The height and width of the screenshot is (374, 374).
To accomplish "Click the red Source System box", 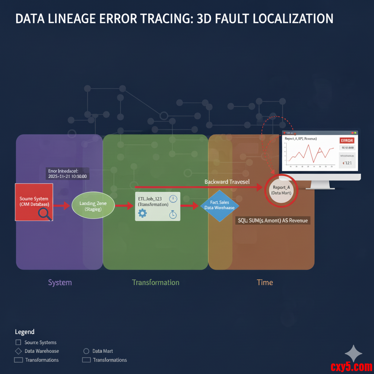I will [34, 202].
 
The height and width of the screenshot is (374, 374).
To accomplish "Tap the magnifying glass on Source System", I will [45, 214].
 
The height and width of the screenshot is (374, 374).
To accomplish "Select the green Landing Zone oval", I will [93, 206].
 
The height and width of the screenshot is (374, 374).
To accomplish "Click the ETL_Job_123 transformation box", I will [157, 206].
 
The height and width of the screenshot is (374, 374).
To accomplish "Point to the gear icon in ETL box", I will [142, 213].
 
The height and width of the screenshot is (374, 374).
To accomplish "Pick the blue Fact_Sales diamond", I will [220, 206].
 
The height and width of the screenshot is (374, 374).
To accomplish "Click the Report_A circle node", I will [282, 190].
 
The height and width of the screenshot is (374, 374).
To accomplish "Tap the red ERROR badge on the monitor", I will [347, 140].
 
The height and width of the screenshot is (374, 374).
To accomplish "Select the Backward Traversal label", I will [227, 182].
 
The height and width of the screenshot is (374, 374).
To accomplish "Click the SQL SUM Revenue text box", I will [272, 221].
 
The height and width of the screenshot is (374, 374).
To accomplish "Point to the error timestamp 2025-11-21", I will [67, 176].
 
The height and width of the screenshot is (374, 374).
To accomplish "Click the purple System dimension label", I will [60, 282].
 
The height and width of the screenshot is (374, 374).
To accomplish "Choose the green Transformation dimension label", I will [156, 282].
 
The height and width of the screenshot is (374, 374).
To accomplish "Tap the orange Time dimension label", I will [265, 282].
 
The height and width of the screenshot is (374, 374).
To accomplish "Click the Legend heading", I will [24, 332].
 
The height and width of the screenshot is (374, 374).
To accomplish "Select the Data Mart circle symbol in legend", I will [86, 351].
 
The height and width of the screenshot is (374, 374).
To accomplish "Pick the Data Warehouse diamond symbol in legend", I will [18, 351].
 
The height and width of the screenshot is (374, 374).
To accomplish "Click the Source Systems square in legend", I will [18, 343].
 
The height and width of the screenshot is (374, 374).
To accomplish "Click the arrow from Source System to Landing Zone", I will [62, 206].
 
